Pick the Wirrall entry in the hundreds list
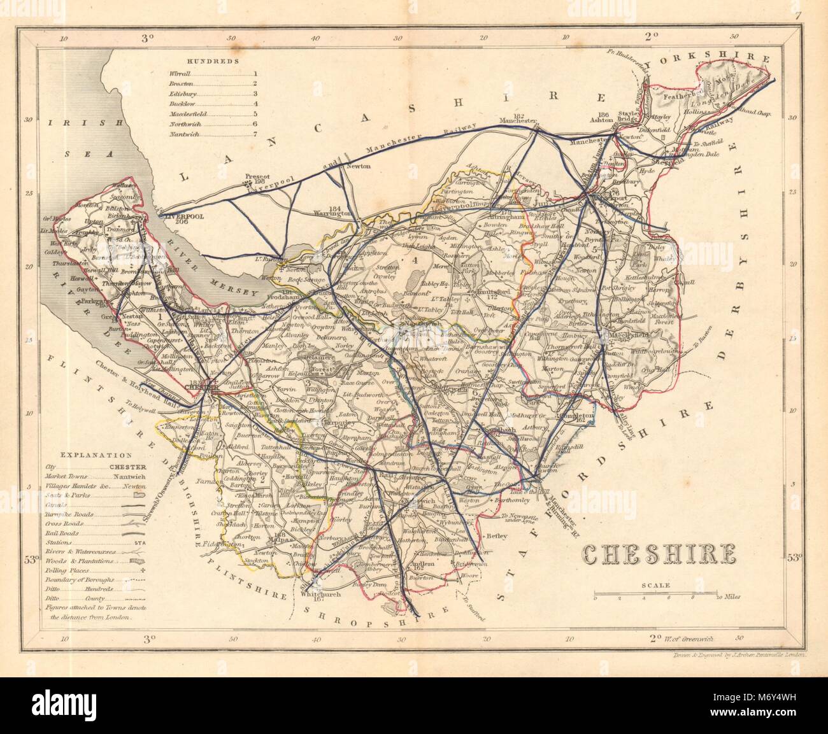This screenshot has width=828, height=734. [x=181, y=74]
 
